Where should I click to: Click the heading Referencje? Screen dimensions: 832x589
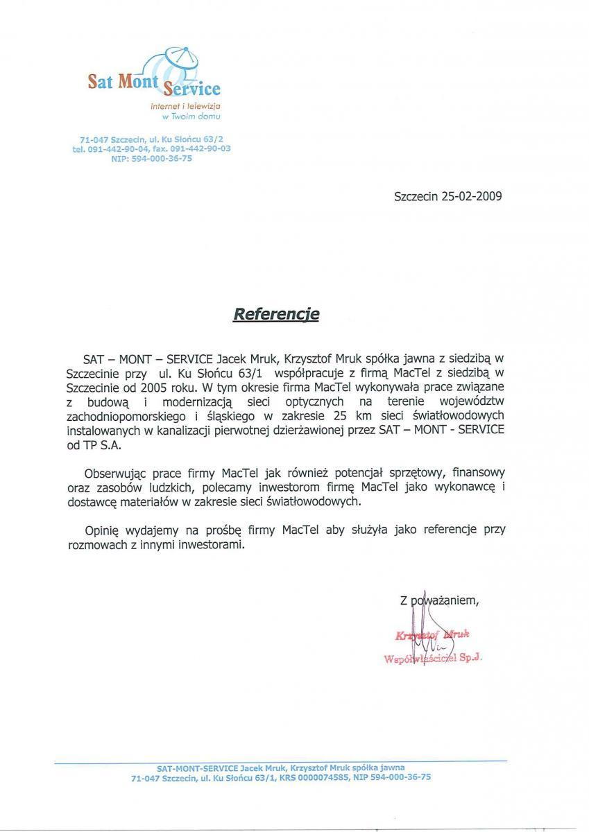[275, 314]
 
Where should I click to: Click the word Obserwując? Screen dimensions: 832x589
[115, 474]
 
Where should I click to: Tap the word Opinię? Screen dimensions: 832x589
[103, 530]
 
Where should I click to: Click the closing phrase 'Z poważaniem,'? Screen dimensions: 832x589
[439, 600]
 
